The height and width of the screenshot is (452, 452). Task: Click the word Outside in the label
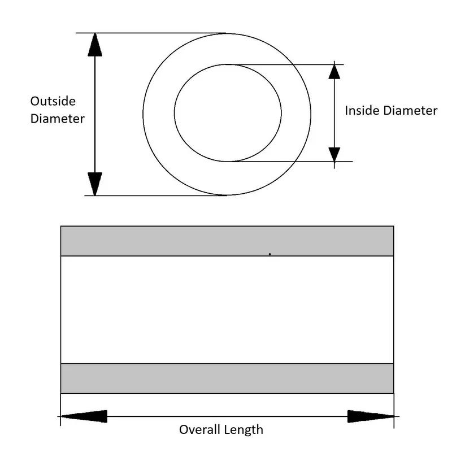point(53,101)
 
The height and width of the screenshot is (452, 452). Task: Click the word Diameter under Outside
point(57,119)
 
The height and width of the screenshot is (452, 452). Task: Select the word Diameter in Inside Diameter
point(410,111)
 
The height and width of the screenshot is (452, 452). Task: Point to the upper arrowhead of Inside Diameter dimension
point(334,72)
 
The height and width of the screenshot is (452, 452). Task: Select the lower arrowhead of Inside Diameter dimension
point(334,154)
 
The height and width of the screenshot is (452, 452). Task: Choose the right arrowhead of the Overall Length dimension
point(370,416)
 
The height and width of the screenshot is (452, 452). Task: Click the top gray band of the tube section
point(169,241)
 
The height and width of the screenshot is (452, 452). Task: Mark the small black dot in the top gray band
point(270,254)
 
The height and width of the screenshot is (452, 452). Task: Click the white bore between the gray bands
point(226,310)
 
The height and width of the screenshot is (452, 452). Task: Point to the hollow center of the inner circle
point(228,112)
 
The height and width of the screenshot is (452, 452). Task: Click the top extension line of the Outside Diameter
point(153,33)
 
